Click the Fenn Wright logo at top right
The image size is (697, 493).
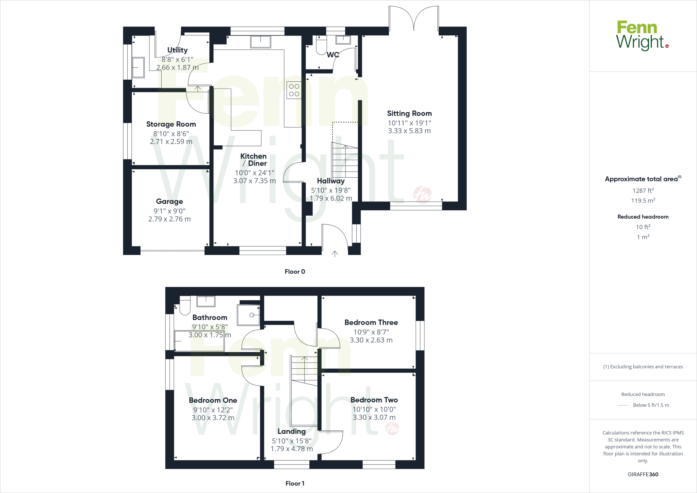pyautogui.click(x=642, y=36)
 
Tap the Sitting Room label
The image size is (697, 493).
pyautogui.click(x=409, y=113)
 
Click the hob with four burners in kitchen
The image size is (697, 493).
pyautogui.click(x=294, y=90)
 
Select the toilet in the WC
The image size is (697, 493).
pyautogui.click(x=321, y=46)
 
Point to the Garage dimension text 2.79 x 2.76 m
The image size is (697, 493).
pyautogui.click(x=169, y=219)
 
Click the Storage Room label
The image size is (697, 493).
pyautogui.click(x=171, y=124)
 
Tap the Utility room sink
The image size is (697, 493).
pyautogui.click(x=138, y=67)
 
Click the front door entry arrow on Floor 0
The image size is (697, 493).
pyautogui.click(x=335, y=254)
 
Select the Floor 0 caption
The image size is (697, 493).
pyautogui.click(x=295, y=271)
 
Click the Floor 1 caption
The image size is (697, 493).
pyautogui.click(x=295, y=483)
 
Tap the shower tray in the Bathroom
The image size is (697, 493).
pyautogui.click(x=249, y=315)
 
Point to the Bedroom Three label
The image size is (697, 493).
pyautogui.click(x=371, y=322)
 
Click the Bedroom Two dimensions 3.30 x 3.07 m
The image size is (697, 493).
pyautogui.click(x=374, y=417)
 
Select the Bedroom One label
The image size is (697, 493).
pyautogui.click(x=213, y=400)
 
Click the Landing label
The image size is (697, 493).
pyautogui.click(x=291, y=431)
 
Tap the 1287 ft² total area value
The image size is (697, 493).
pyautogui.click(x=643, y=191)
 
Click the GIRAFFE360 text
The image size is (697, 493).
pyautogui.click(x=643, y=474)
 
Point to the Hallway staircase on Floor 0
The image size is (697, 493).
pyautogui.click(x=345, y=160)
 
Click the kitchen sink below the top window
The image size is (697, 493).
pyautogui.click(x=260, y=42)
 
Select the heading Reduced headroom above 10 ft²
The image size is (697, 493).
pyautogui.click(x=643, y=217)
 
